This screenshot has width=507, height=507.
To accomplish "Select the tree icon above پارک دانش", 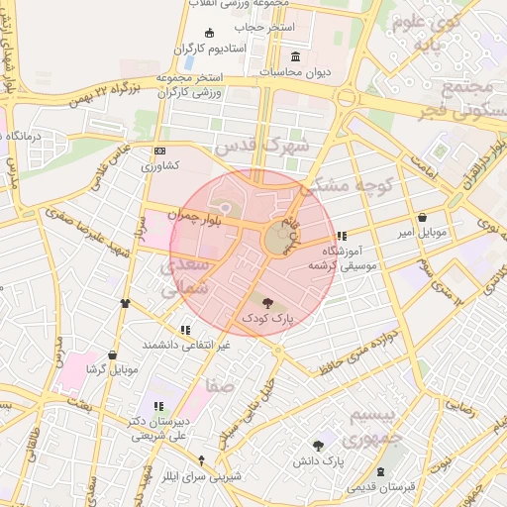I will click(x=318, y=447).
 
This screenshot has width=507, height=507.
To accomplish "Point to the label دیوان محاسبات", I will click(x=294, y=72).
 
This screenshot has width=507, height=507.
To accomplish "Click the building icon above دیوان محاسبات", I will click(x=296, y=56).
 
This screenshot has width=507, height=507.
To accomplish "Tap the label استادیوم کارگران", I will click(x=209, y=49).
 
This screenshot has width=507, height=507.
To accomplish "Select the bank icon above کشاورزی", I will click(x=159, y=151).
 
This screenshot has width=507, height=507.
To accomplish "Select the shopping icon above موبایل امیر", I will click(x=423, y=217).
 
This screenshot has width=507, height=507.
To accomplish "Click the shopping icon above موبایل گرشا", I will click(x=112, y=354).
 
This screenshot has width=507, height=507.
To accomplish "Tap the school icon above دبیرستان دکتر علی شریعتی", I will click(x=158, y=406).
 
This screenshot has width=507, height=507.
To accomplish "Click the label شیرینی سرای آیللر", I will click(x=201, y=476).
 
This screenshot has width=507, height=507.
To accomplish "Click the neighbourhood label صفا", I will click(x=220, y=383).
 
